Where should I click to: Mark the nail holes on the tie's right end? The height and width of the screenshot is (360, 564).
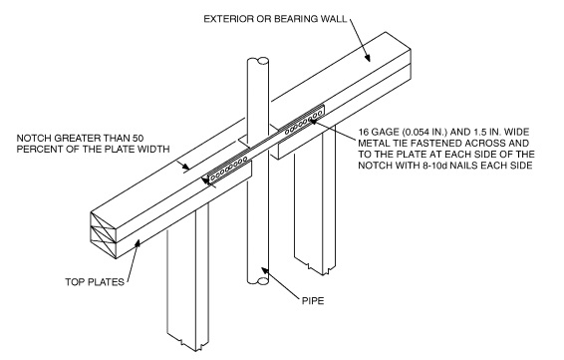[300, 124]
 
